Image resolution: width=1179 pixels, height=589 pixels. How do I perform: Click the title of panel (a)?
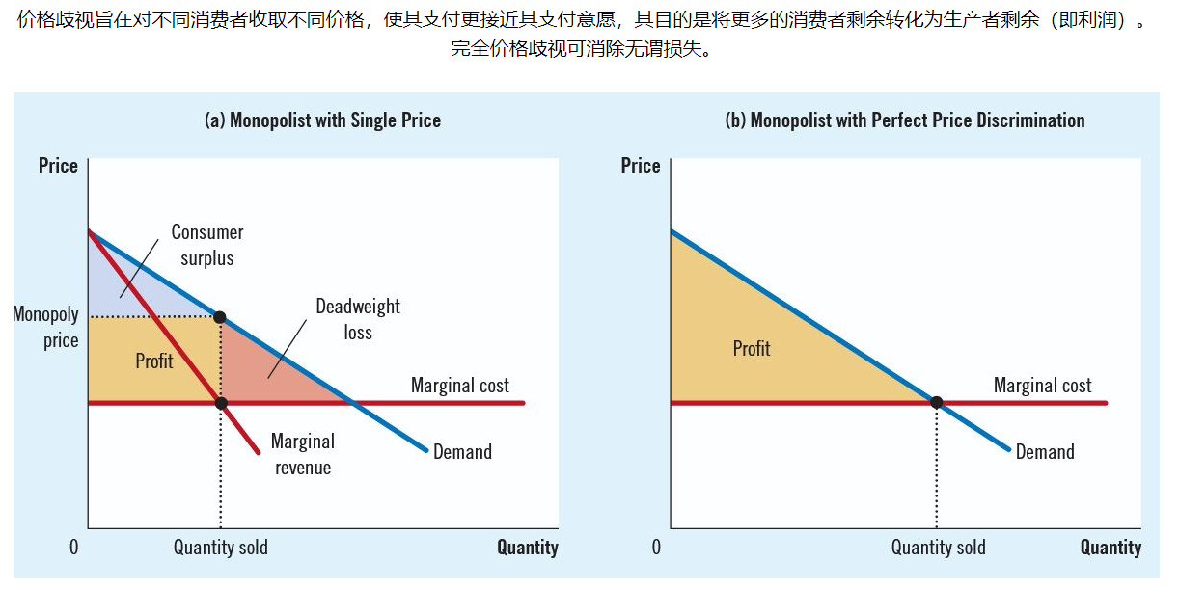click(322, 120)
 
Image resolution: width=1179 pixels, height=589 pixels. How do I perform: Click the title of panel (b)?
click(904, 120)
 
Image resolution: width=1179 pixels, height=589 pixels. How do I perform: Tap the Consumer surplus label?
click(206, 245)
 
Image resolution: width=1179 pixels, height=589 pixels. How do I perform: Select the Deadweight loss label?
click(357, 319)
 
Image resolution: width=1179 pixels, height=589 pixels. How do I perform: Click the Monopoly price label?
click(46, 327)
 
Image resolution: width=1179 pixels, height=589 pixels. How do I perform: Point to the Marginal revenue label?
click(302, 454)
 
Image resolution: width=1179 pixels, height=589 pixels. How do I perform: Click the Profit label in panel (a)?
click(154, 361)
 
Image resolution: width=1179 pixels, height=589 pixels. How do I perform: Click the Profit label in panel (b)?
click(752, 348)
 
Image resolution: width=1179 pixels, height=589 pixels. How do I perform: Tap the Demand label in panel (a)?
click(462, 452)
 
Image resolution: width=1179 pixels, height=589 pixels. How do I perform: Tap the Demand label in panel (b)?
click(1045, 452)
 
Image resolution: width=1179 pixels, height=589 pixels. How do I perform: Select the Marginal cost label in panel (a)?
click(459, 386)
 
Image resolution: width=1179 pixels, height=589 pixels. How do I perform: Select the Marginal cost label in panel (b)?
click(1042, 386)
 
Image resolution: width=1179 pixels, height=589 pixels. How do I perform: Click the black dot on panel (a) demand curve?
click(220, 317)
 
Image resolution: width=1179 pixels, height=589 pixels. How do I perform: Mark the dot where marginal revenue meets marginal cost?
click(221, 403)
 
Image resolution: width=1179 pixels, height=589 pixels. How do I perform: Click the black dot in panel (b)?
click(936, 402)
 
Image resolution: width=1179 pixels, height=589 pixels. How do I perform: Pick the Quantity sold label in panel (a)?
click(221, 548)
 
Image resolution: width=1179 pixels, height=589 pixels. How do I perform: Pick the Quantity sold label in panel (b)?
click(938, 548)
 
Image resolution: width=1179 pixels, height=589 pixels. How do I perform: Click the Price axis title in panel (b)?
click(641, 166)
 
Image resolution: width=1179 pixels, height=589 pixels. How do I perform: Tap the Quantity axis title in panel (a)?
click(527, 548)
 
